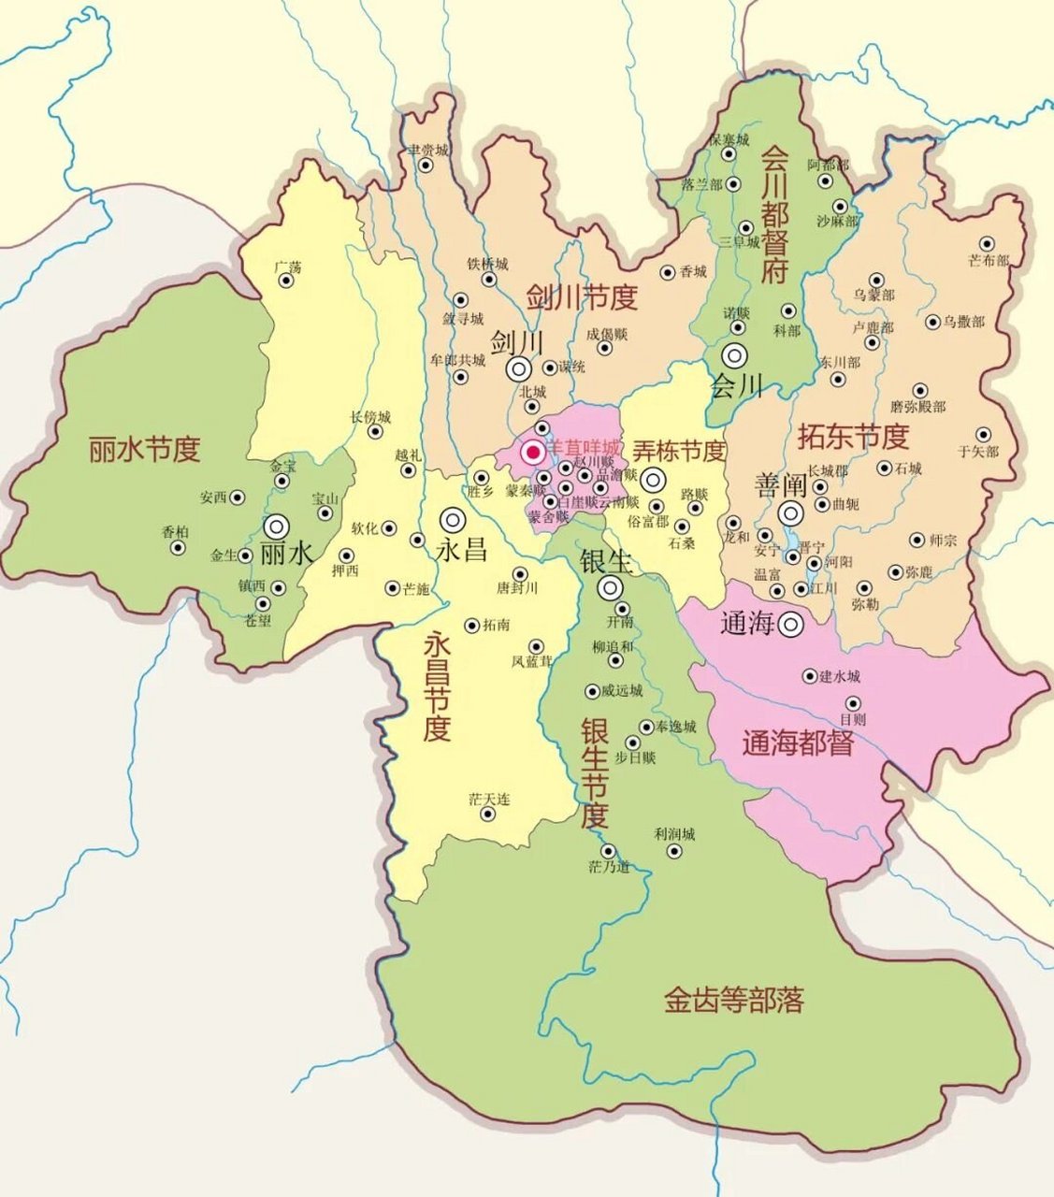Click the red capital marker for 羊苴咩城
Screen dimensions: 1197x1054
pyautogui.click(x=533, y=454)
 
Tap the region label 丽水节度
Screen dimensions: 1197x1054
pyautogui.click(x=145, y=450)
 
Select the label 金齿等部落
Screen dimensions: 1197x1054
pyautogui.click(x=734, y=1000)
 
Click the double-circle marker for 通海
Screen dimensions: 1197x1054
pyautogui.click(x=792, y=623)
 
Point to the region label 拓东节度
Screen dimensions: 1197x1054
pyautogui.click(x=853, y=436)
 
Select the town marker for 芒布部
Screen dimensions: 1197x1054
pyautogui.click(x=987, y=243)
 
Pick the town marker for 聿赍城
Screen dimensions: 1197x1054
pyautogui.click(x=426, y=166)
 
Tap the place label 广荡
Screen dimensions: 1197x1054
pyautogui.click(x=288, y=267)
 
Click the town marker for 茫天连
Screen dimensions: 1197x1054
pyautogui.click(x=487, y=814)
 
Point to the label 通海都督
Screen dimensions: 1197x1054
pyautogui.click(x=798, y=744)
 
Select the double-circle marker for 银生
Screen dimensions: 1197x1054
pyautogui.click(x=611, y=587)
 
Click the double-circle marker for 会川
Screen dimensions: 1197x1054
pyautogui.click(x=734, y=355)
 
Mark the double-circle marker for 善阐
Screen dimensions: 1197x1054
pyautogui.click(x=791, y=512)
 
